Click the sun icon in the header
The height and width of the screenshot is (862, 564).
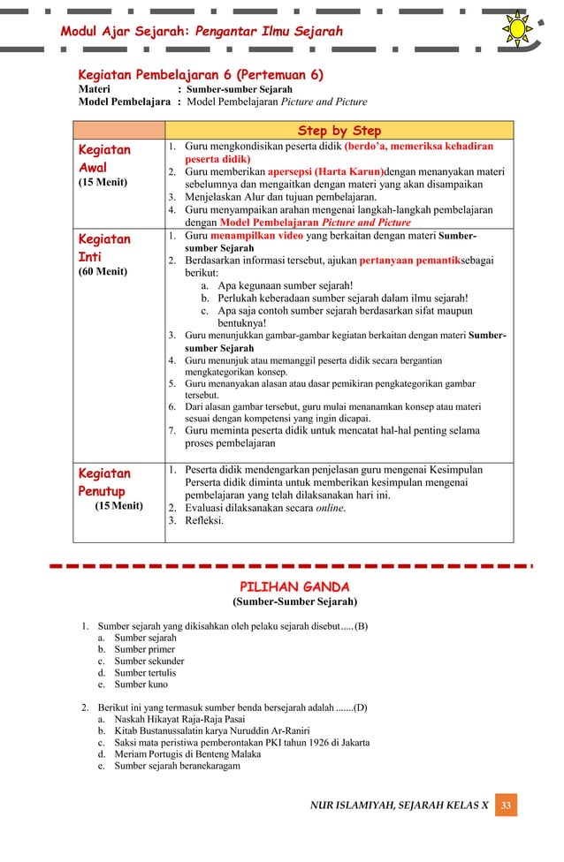[517, 29]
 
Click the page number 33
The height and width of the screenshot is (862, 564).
[507, 805]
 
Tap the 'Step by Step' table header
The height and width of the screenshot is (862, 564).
[339, 130]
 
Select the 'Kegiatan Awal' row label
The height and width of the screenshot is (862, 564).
[104, 158]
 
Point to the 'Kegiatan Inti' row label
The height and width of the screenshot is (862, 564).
[104, 248]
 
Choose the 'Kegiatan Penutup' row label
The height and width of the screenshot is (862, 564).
[104, 481]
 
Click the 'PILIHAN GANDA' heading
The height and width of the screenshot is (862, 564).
[294, 587]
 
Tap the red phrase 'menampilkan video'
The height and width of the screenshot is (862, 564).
[254, 238]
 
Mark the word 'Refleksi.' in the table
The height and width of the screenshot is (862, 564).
[204, 520]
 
